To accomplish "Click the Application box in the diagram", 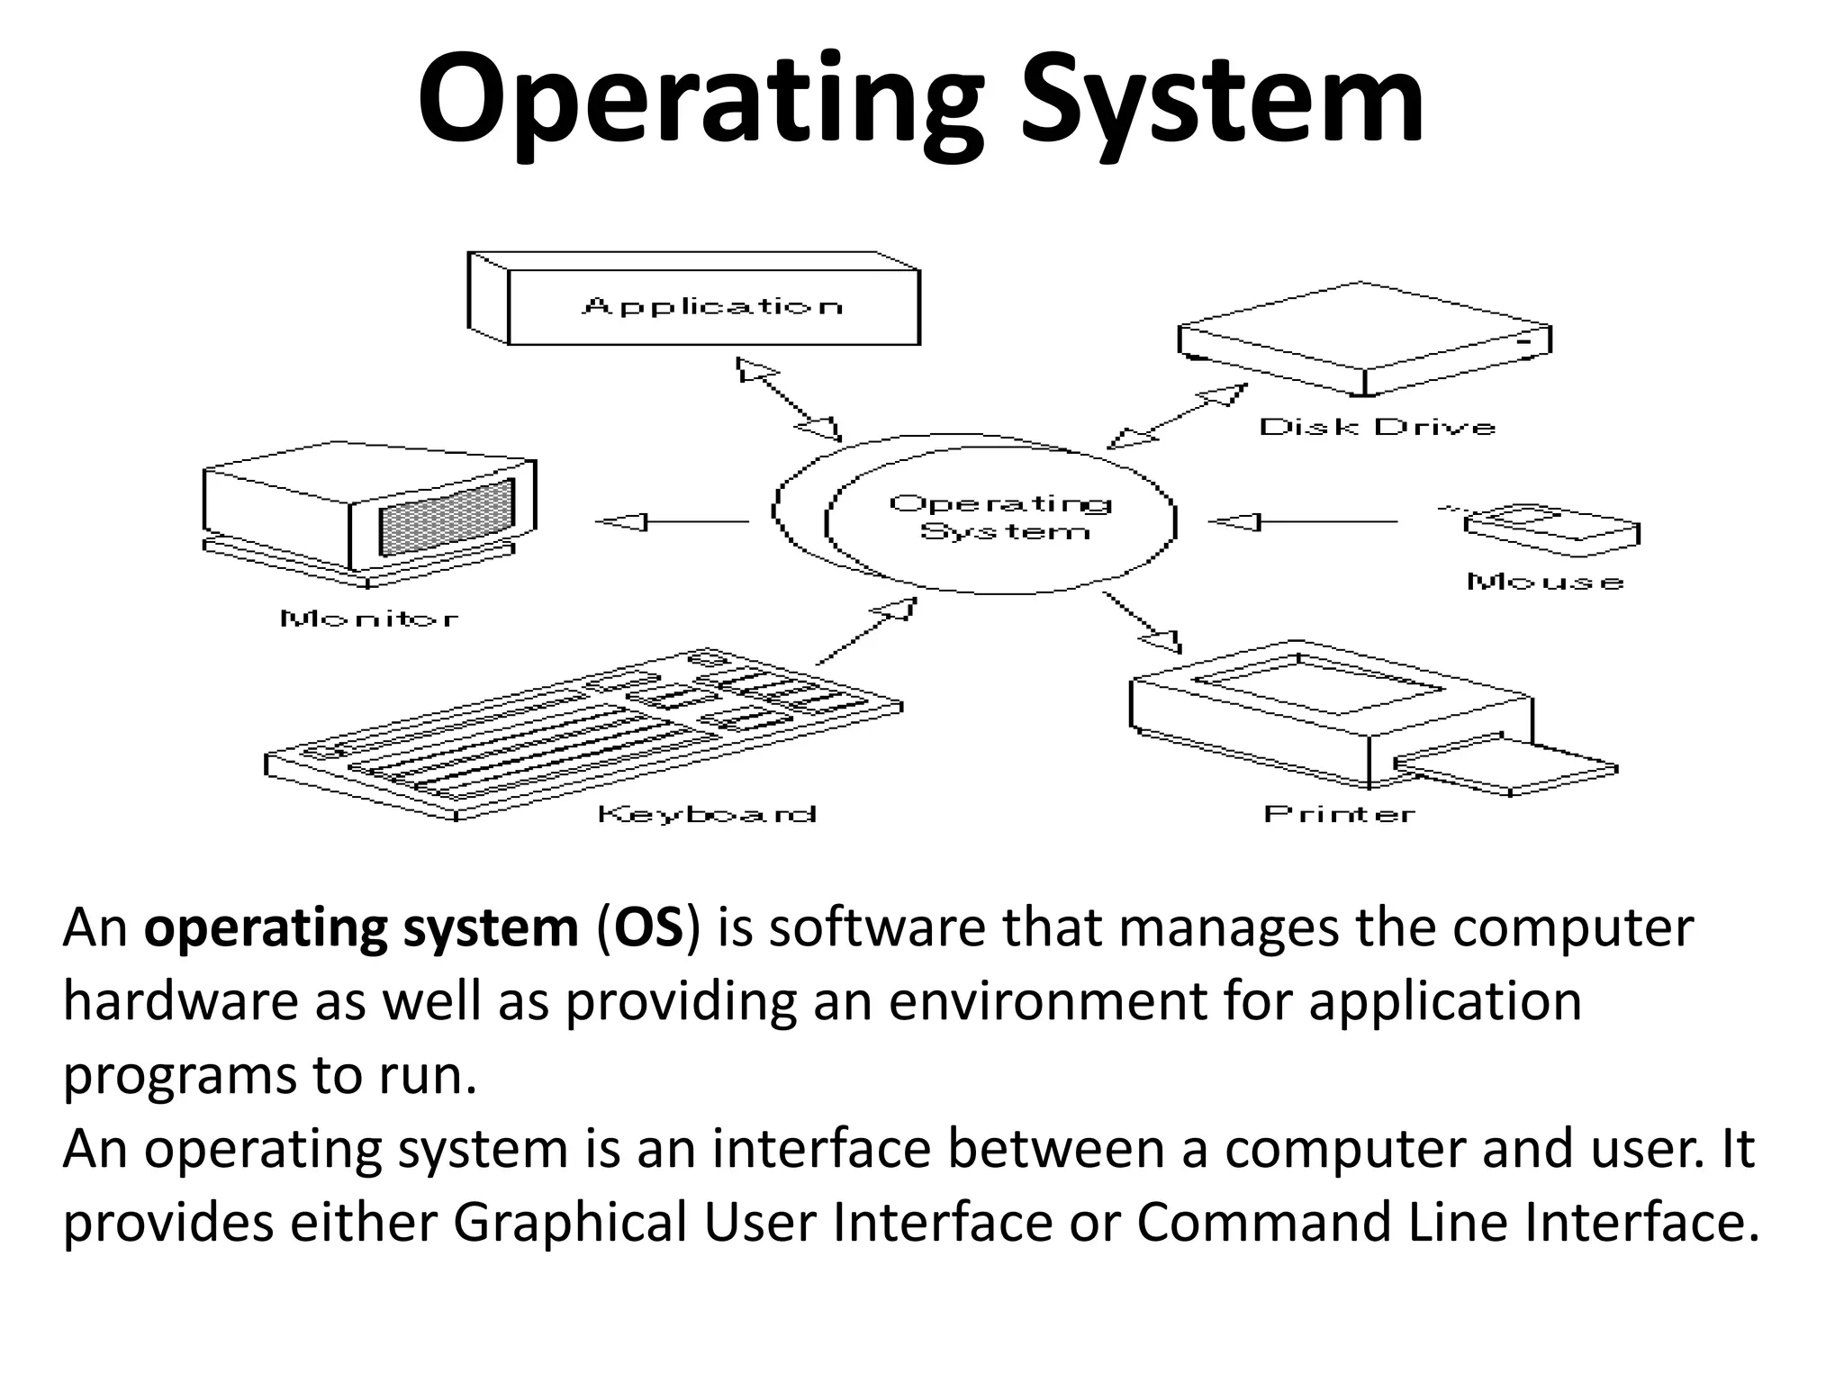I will [x=711, y=306].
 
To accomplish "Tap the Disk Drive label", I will [x=1377, y=427].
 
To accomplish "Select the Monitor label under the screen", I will [x=369, y=619].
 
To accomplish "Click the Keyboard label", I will [x=707, y=815].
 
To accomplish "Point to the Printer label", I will [x=1339, y=815].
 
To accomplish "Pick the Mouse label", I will [x=1545, y=582].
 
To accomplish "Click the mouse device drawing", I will [x=1549, y=529].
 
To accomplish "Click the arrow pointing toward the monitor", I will [x=671, y=521].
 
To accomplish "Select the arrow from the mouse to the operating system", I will [x=1301, y=521].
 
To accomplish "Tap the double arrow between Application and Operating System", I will [x=789, y=398].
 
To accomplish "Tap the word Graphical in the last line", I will [x=570, y=1223].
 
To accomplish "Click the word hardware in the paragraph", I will [x=180, y=1001].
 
